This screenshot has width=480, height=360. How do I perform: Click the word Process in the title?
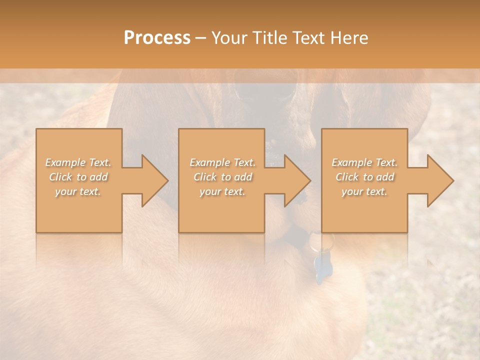point(157,38)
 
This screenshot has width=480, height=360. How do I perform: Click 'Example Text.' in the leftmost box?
point(78,162)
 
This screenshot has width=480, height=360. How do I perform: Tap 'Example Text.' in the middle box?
point(222,162)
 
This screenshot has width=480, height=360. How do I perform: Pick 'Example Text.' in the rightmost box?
point(364,162)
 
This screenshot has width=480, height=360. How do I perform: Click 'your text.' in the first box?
point(78,191)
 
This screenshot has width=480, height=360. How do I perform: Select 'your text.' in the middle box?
point(222,191)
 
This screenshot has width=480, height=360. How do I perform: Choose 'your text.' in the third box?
point(364,191)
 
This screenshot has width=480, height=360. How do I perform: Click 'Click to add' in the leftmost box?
point(78,177)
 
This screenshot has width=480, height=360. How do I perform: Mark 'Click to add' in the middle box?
point(222,177)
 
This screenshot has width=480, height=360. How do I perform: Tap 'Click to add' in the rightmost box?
point(364,177)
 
